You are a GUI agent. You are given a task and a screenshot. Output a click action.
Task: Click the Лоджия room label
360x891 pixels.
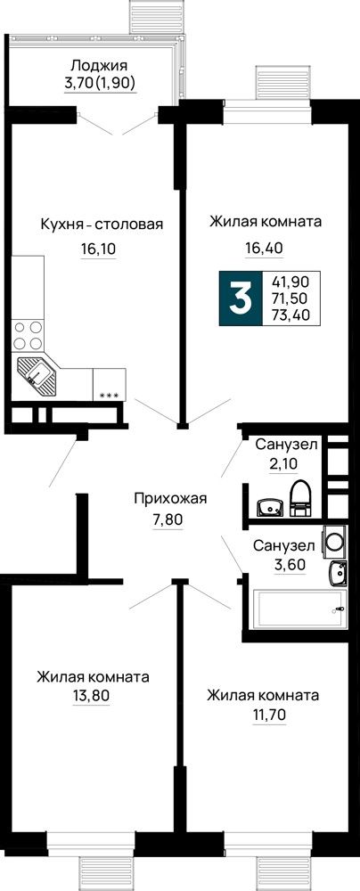click(99, 66)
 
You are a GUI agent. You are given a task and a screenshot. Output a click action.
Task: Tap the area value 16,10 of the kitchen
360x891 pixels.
click(98, 249)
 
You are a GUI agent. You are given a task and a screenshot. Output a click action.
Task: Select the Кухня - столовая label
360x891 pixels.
click(102, 225)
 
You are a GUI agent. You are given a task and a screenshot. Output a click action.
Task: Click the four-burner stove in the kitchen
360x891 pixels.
click(28, 335)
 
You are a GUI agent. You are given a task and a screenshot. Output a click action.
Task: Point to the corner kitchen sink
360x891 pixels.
click(36, 376)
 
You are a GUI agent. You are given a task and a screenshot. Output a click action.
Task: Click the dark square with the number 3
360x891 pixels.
click(241, 298)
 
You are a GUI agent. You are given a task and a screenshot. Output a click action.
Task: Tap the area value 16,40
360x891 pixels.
click(264, 247)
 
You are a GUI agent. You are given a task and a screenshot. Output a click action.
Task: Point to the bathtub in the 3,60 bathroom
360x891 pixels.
click(299, 609)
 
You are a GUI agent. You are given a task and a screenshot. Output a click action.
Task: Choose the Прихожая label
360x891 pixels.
click(170, 499)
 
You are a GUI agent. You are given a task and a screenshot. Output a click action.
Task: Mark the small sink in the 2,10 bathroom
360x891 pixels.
click(270, 508)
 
